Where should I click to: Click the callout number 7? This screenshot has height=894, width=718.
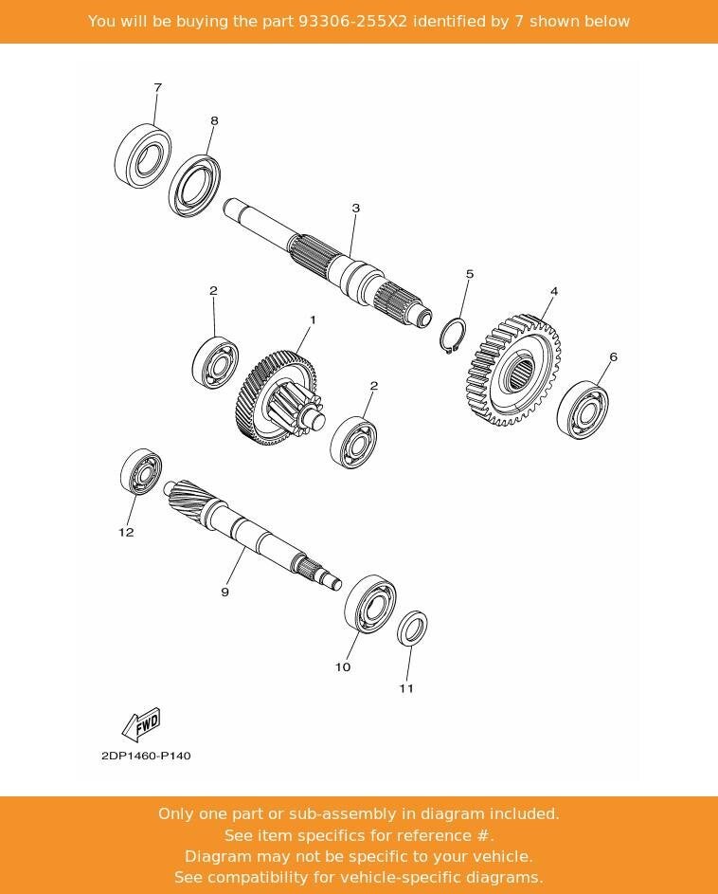(157, 87)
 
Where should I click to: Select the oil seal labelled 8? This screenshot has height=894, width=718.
(195, 185)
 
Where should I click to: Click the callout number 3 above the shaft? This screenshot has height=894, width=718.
(355, 208)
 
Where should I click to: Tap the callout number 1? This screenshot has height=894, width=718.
(313, 320)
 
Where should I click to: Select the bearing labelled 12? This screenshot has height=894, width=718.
(141, 472)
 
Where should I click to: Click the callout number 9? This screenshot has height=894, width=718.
(224, 593)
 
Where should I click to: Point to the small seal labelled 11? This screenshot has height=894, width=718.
(411, 628)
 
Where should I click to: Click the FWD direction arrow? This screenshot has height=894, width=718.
(142, 725)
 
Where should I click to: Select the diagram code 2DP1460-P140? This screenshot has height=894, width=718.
(146, 756)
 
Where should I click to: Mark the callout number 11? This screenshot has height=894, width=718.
(405, 688)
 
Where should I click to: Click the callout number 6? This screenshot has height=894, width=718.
(613, 357)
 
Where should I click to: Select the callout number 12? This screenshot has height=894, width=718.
(126, 532)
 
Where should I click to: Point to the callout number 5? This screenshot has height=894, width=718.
(469, 274)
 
